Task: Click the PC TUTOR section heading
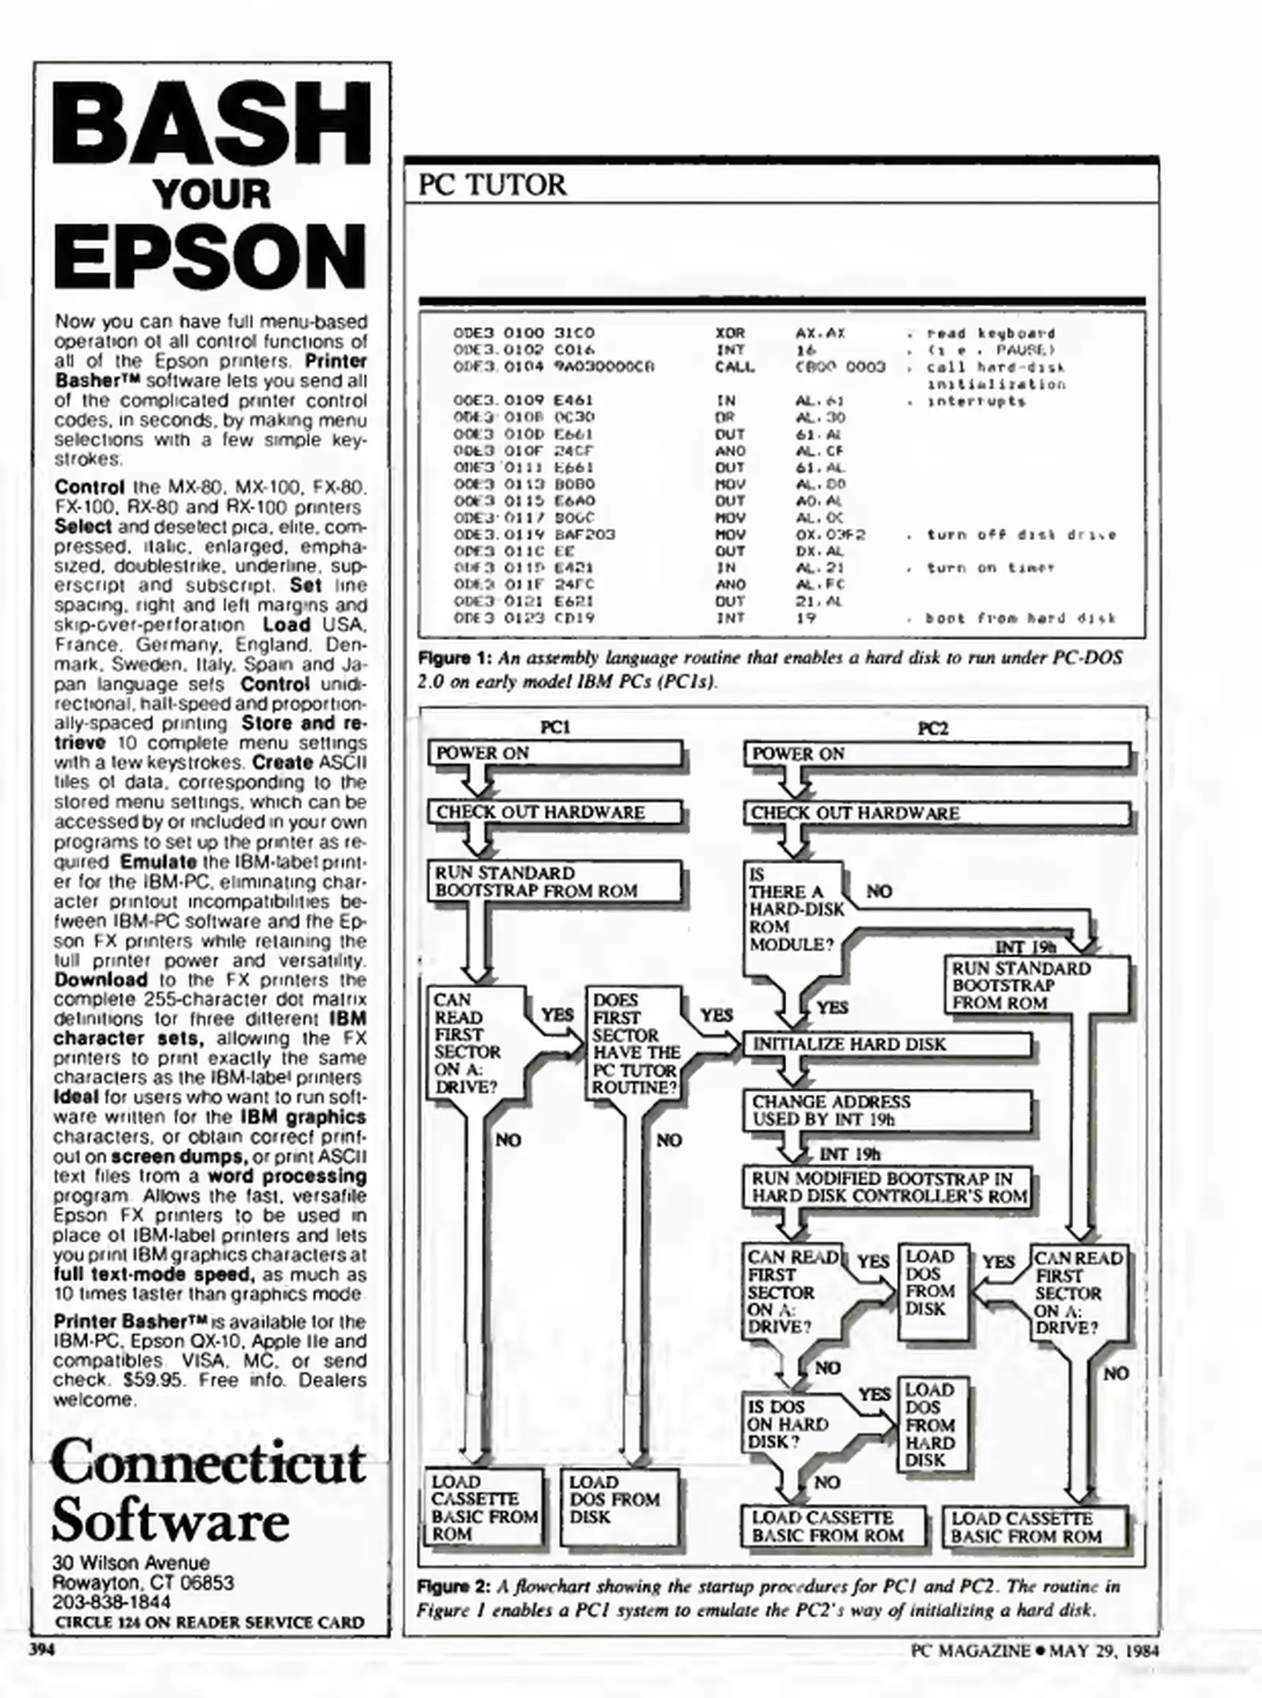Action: (x=491, y=186)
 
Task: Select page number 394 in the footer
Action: (x=42, y=1650)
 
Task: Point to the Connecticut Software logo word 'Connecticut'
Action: (x=209, y=1463)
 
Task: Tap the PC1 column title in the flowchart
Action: (x=555, y=728)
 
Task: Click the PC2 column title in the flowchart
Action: (x=933, y=728)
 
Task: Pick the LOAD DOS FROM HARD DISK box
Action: (x=931, y=1424)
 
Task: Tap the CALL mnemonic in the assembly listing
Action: (x=734, y=367)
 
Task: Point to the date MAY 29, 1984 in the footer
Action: (x=1104, y=1650)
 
